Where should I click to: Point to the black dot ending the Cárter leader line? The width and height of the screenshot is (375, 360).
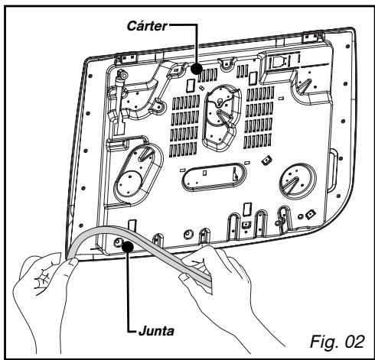pyautogui.click(x=199, y=69)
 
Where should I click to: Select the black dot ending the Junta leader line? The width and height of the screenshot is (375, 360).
pyautogui.click(x=129, y=245)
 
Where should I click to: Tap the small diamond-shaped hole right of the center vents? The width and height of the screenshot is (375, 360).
pyautogui.click(x=267, y=160)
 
